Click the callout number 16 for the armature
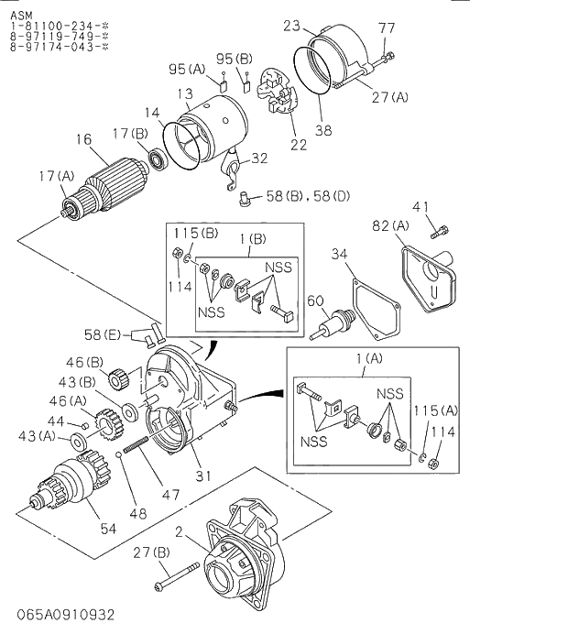point(83,139)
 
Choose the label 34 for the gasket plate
point(338,254)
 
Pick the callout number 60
point(314,301)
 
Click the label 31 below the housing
point(202,475)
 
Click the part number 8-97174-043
point(54,45)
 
